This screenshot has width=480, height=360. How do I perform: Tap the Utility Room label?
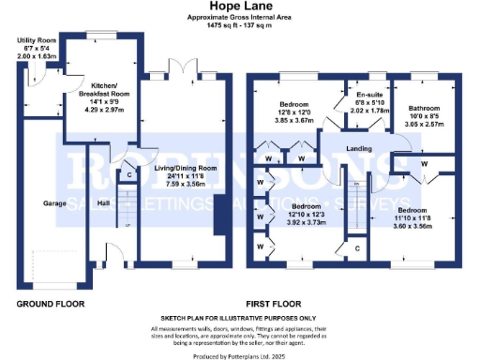click(36, 41)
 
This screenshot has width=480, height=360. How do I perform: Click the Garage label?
click(52, 203)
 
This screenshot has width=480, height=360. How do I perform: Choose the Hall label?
click(104, 204)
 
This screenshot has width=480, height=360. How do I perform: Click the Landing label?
click(361, 150)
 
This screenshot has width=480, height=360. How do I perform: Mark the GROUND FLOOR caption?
click(51, 305)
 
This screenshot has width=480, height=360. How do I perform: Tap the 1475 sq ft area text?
click(240, 25)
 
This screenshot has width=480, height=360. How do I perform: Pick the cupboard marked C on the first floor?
click(359, 248)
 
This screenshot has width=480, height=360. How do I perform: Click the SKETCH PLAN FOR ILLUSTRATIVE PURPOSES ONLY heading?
click(240, 319)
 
